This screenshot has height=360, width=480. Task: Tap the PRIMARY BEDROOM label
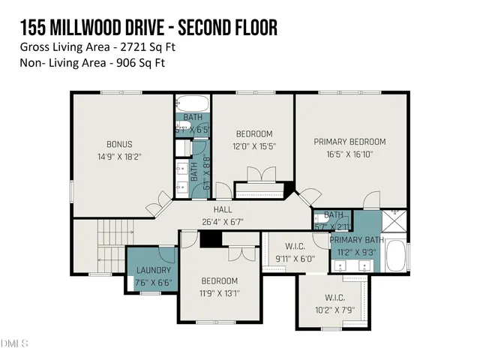tap(349, 142)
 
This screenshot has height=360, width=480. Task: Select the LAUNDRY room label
tap(154, 270)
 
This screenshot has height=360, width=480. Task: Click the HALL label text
tap(223, 210)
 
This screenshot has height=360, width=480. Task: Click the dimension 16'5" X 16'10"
tap(349, 155)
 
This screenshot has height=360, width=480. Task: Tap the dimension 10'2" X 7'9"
tap(334, 307)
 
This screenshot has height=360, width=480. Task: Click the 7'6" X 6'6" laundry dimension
tap(154, 283)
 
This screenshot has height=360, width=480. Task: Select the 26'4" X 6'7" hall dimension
tap(223, 222)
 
